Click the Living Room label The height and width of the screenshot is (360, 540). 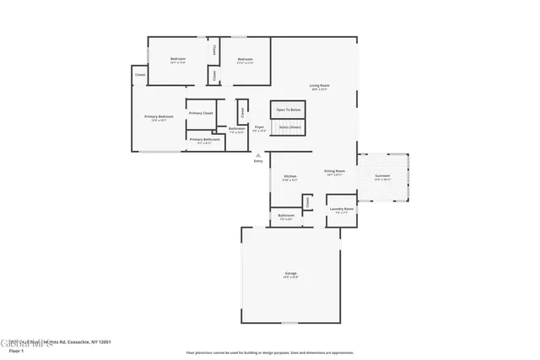(x=318, y=87)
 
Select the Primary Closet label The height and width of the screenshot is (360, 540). (x=201, y=113)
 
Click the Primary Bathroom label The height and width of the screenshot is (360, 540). (x=204, y=141)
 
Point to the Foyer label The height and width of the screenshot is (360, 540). (x=260, y=128)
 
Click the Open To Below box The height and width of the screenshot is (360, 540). (x=288, y=110)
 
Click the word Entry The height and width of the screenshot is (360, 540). (x=258, y=160)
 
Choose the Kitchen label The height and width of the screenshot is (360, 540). (x=289, y=177)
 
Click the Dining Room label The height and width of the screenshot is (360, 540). (x=333, y=173)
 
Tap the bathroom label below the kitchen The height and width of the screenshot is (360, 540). (x=285, y=217)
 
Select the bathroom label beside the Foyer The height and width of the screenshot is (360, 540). (x=236, y=130)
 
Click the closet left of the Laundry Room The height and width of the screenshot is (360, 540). (x=308, y=202)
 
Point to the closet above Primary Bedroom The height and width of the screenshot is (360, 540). (x=139, y=75)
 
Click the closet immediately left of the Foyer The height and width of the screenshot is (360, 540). (x=242, y=112)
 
